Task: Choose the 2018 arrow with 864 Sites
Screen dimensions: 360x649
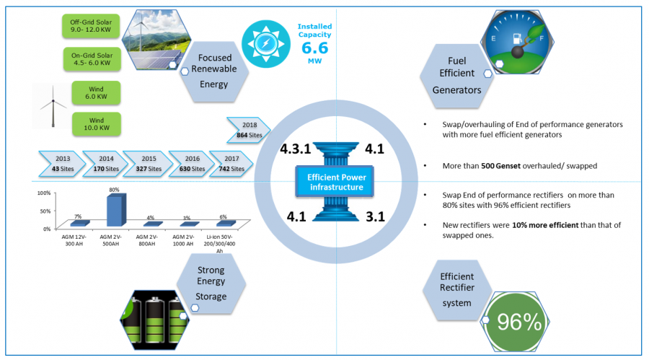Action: (250, 129)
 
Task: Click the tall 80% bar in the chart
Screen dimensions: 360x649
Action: (113, 209)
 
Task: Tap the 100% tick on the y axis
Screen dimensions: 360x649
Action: (43, 194)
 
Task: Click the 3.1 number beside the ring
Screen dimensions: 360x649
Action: (375, 216)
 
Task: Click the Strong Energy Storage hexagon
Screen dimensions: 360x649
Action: (211, 286)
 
